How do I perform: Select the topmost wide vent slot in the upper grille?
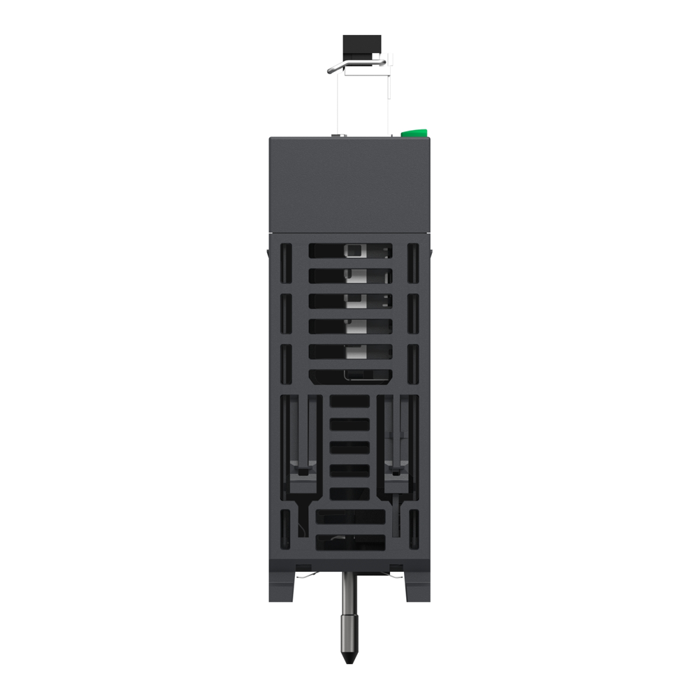tap(350, 251)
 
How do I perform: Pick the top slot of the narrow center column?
tap(349, 401)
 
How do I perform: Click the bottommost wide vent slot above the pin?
tap(350, 542)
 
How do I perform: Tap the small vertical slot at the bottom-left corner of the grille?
tap(285, 527)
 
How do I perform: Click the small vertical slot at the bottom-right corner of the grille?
tap(412, 527)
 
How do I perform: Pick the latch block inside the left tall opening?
tap(303, 473)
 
